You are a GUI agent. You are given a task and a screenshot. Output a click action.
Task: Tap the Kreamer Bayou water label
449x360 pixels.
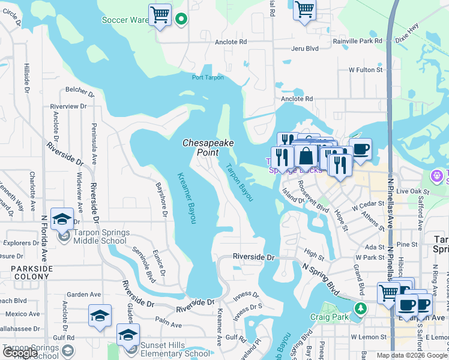tap(187, 198)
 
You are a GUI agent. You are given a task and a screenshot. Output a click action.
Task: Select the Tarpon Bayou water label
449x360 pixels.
tap(239, 182)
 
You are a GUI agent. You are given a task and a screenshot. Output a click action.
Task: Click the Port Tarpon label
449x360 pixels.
tap(208, 77)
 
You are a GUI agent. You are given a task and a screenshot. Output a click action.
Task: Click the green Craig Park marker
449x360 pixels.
tap(360, 309)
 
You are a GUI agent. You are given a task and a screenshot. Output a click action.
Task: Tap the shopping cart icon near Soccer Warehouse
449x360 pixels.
tap(160, 15)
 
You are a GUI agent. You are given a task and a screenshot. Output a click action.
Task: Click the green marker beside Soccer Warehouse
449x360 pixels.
tap(182, 20)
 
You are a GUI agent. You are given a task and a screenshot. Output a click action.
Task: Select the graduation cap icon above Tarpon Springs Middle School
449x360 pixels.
tap(62, 220)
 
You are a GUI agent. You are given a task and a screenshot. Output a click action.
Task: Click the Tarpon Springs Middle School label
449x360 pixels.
tap(101, 236)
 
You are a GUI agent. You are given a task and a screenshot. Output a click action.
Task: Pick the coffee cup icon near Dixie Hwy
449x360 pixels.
tap(360, 149)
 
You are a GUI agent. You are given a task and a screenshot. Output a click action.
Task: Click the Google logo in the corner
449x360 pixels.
tap(20, 353)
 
